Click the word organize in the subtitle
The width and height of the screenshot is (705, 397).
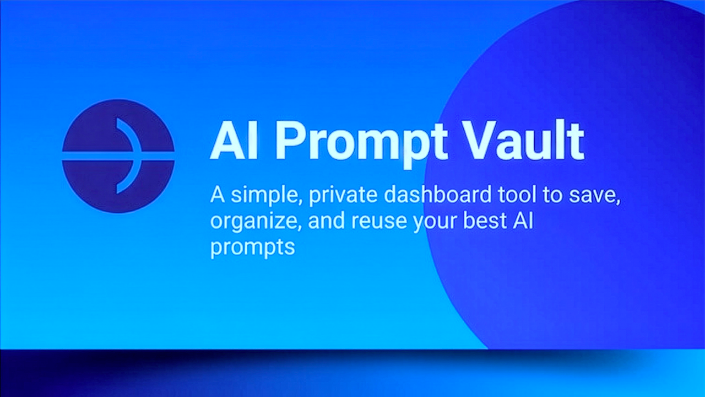(x=254, y=222)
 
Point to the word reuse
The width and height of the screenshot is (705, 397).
(x=379, y=222)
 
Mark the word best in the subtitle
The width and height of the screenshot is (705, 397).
(x=491, y=221)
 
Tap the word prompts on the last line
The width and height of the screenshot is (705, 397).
(x=253, y=247)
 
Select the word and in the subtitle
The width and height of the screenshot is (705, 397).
(x=324, y=221)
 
